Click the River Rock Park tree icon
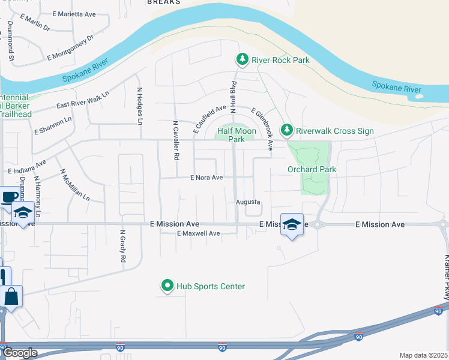[242, 59]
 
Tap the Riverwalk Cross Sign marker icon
[287, 130]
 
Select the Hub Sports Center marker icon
[167, 286]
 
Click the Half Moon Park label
[232, 135]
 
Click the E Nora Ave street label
[206, 178]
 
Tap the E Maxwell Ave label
[198, 233]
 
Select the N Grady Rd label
[122, 247]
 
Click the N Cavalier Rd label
[176, 140]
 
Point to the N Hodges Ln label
[140, 106]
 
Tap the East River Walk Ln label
[83, 100]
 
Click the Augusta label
[248, 202]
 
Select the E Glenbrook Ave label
[262, 130]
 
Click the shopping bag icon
[12, 296]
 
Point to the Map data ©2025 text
[423, 355]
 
